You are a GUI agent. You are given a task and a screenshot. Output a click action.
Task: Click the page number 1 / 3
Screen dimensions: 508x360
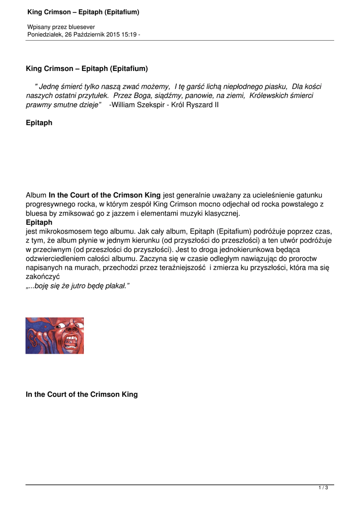(323, 488)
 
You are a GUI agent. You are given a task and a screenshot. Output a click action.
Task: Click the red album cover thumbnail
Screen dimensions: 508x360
(55, 336)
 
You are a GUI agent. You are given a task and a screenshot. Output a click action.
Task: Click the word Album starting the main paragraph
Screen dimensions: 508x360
(36, 195)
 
